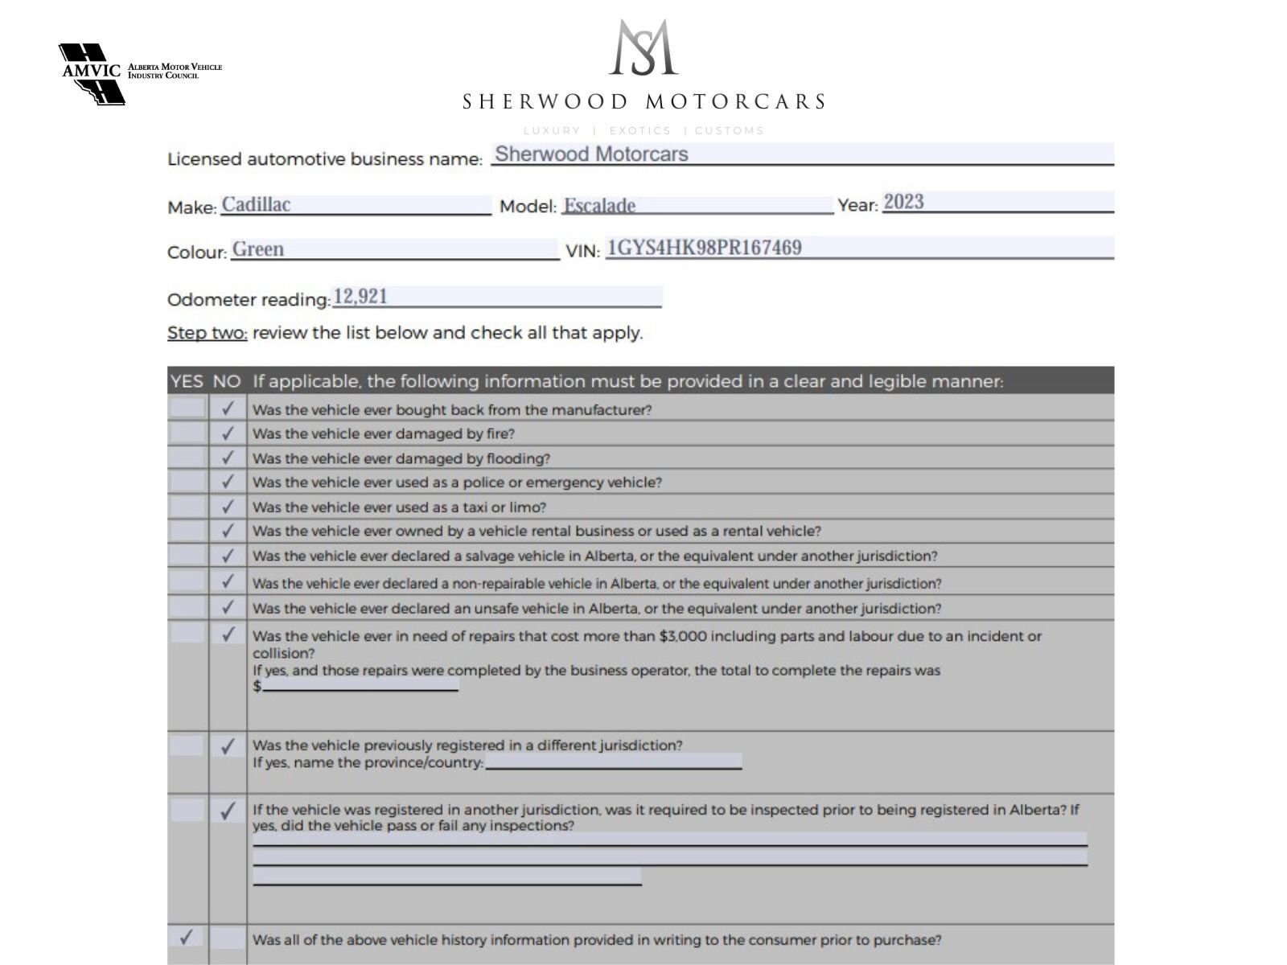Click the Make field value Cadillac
click(256, 204)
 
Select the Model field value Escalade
click(599, 206)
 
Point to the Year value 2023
click(903, 202)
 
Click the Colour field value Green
click(258, 249)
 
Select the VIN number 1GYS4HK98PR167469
click(704, 248)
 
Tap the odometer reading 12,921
click(360, 297)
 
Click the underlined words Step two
click(207, 333)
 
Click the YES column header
click(187, 381)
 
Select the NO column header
click(227, 381)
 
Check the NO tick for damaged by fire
click(228, 433)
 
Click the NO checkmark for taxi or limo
click(228, 507)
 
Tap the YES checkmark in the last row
click(187, 938)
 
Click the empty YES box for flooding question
click(187, 458)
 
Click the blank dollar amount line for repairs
click(360, 685)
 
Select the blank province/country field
click(613, 762)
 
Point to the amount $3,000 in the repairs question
click(682, 636)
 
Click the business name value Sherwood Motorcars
click(591, 154)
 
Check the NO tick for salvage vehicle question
click(228, 556)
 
